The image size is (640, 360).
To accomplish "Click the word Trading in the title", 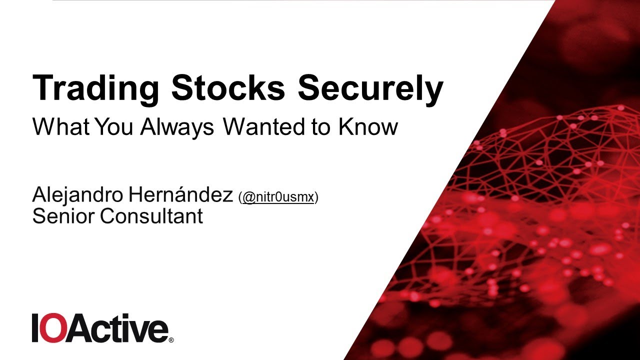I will click(95, 88).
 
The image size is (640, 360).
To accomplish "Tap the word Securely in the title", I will click(370, 88).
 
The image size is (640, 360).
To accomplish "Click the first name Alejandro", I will click(77, 196).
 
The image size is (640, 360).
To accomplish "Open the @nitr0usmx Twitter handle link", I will click(278, 198).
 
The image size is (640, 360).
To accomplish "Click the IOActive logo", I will click(100, 328).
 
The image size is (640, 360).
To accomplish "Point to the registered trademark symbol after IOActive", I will click(171, 340).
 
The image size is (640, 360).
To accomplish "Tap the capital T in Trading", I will click(42, 88).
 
